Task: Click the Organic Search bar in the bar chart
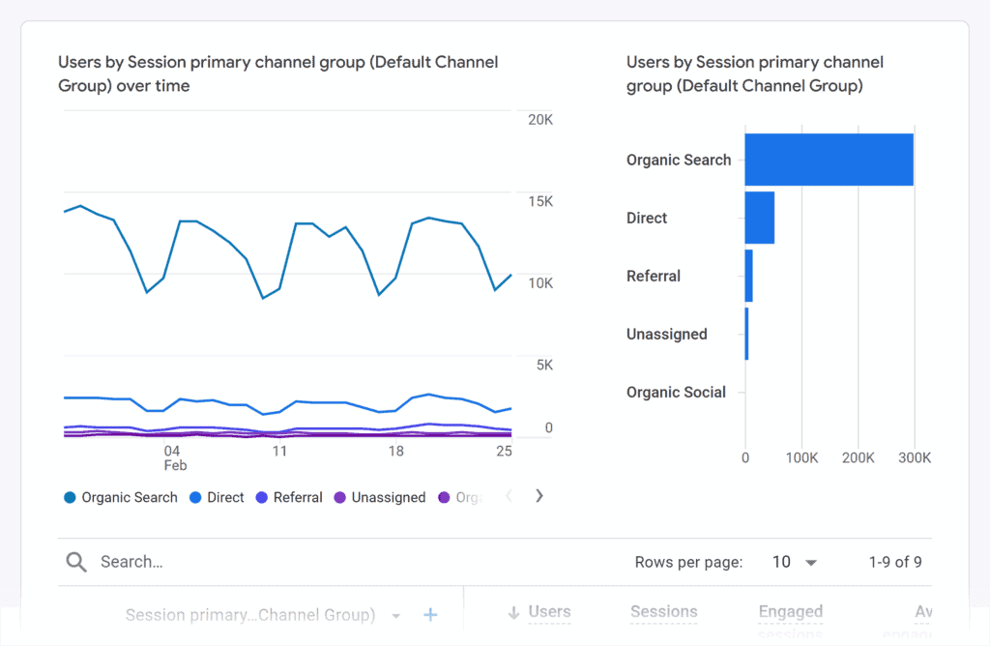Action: [x=829, y=160]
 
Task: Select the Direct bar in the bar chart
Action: [x=760, y=218]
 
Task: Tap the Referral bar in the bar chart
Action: [x=749, y=276]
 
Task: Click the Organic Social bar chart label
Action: [x=676, y=392]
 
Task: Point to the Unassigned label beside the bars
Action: [x=666, y=334]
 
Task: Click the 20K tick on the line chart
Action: [x=539, y=120]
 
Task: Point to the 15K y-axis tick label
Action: [x=539, y=201]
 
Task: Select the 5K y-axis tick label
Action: [x=542, y=365]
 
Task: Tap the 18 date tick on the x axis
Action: [x=395, y=451]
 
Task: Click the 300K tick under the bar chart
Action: [x=915, y=458]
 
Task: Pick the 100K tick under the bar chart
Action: [x=801, y=458]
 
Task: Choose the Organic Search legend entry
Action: [x=121, y=497]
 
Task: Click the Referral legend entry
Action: [x=288, y=497]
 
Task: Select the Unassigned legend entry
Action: [x=379, y=497]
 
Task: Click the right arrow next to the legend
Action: [x=539, y=496]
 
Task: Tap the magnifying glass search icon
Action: [x=75, y=562]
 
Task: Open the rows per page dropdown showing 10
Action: [x=795, y=562]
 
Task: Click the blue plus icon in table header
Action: [x=431, y=615]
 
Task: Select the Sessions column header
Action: [x=663, y=612]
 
